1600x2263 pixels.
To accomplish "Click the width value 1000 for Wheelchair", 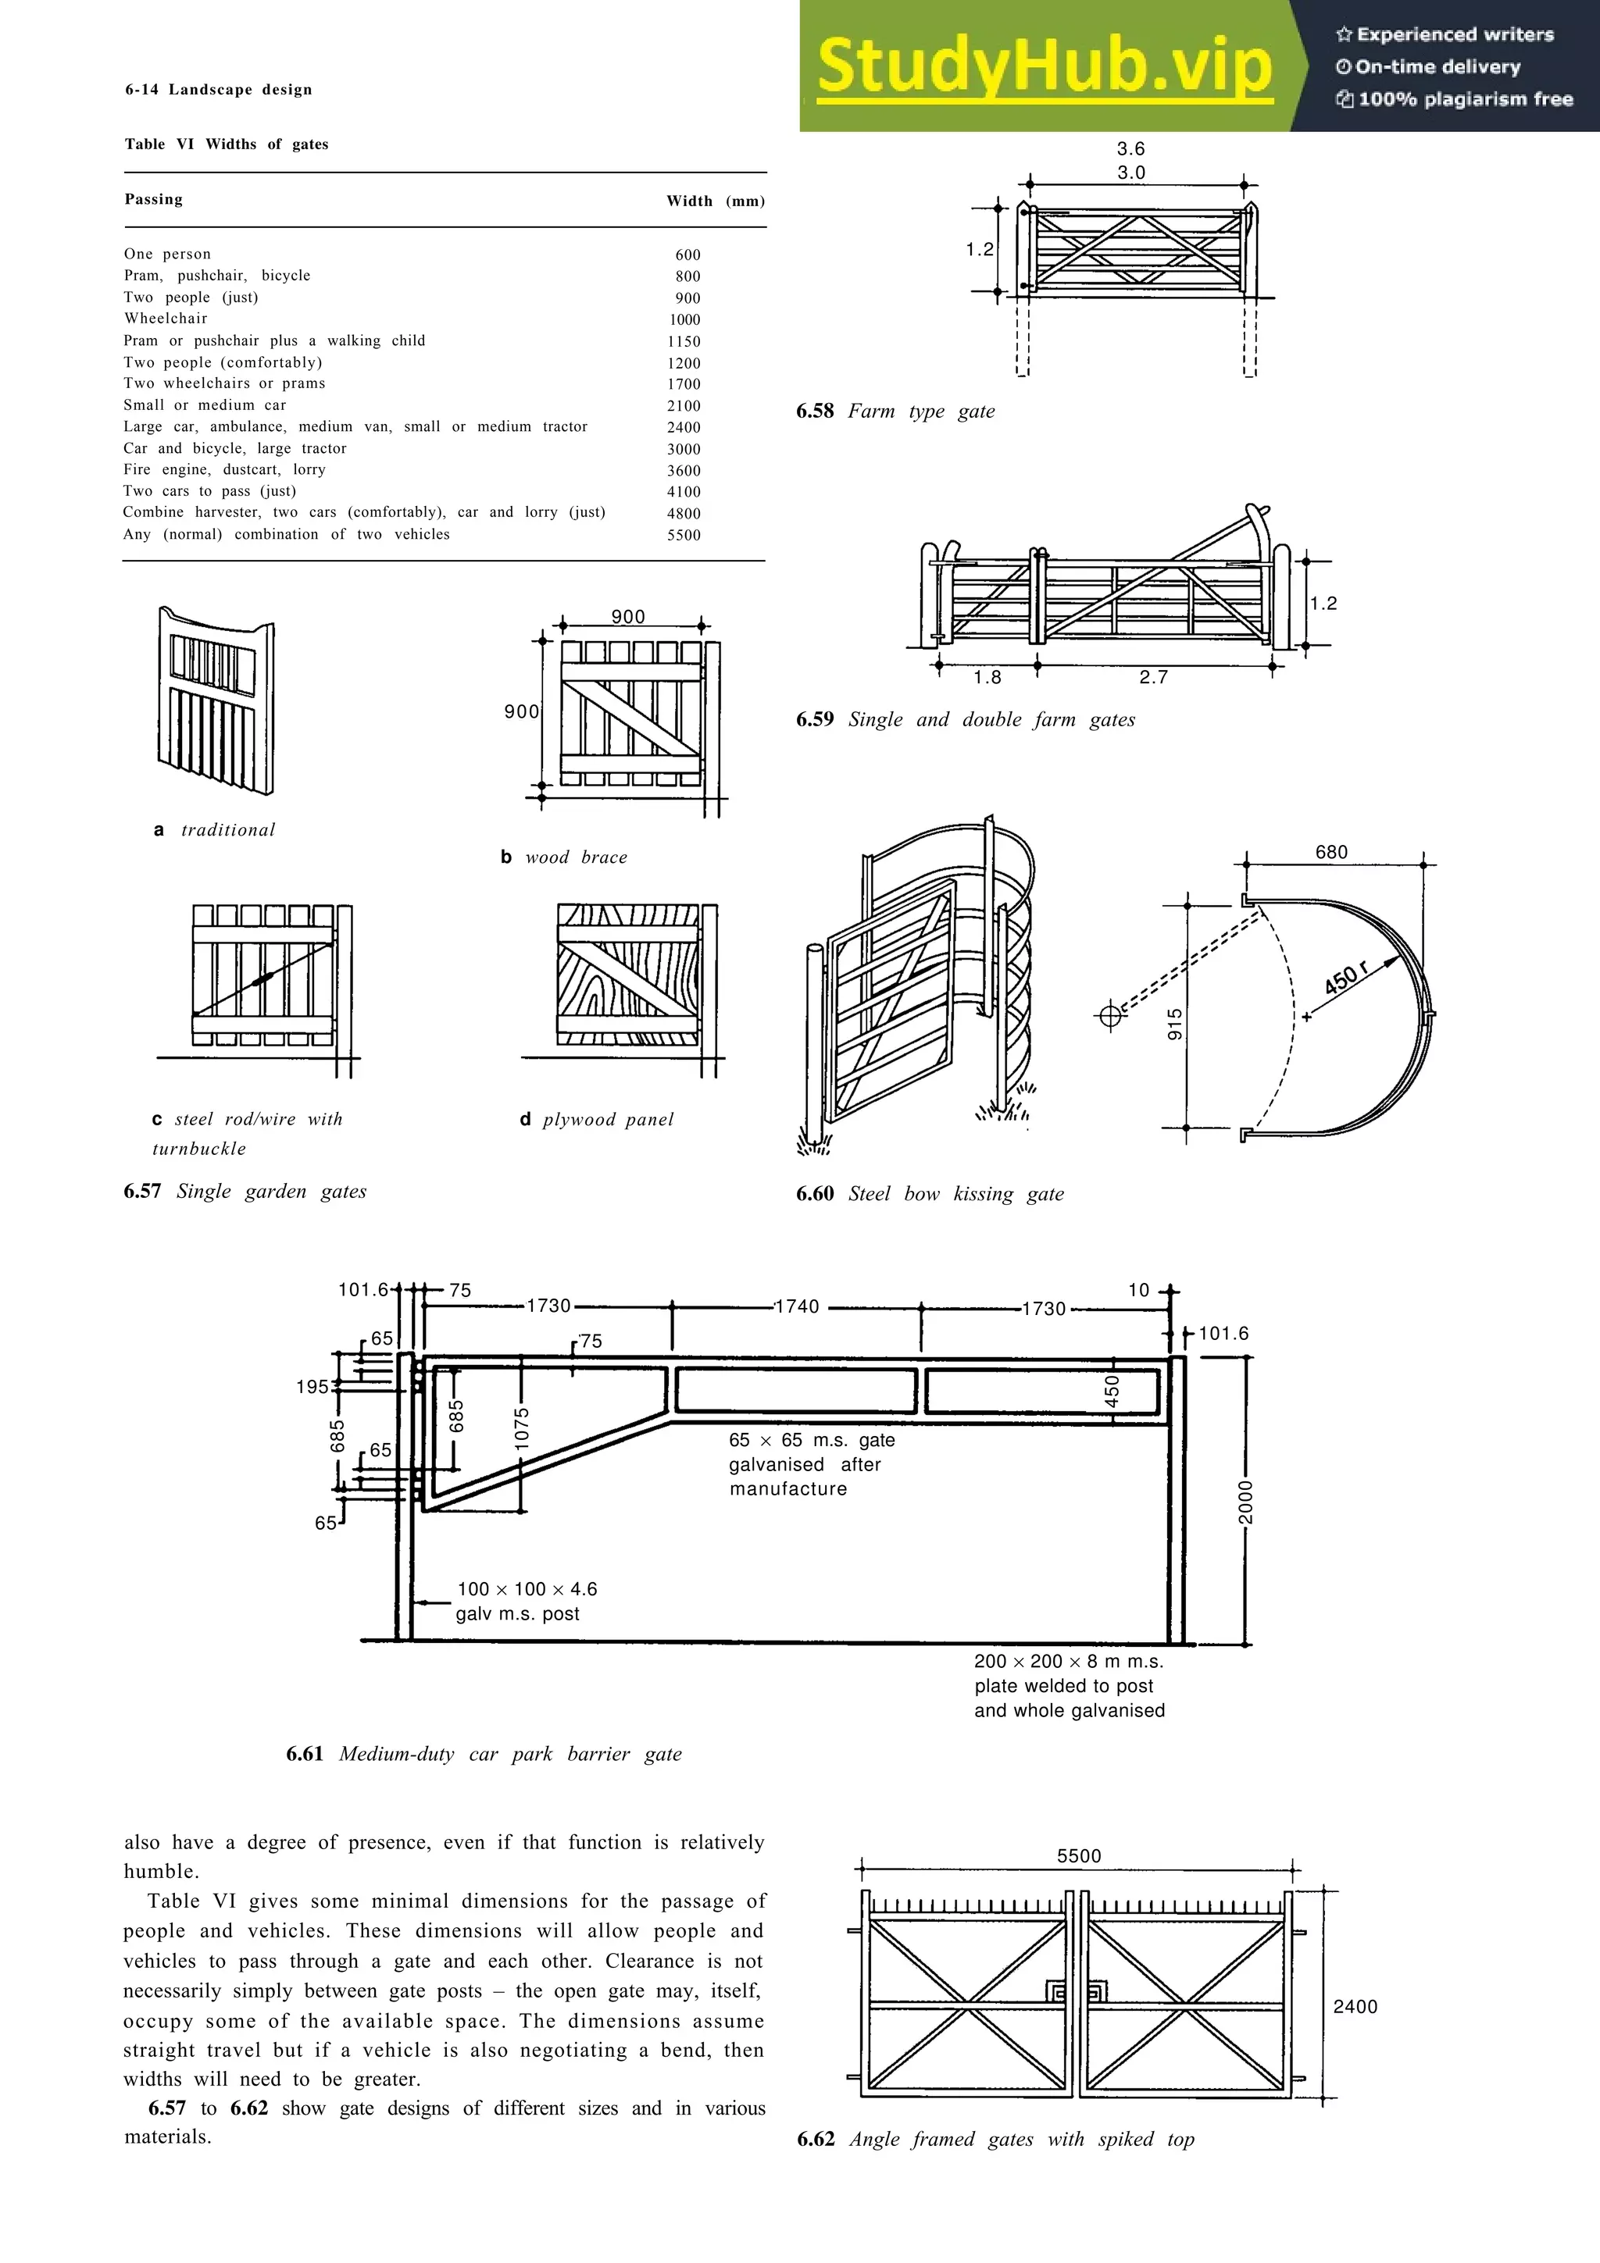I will tap(684, 319).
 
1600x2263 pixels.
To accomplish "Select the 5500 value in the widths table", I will tap(684, 535).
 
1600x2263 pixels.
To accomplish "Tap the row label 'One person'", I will tap(168, 255).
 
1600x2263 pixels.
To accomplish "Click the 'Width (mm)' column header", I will tap(715, 201).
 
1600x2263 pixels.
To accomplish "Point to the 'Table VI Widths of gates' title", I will tap(227, 144).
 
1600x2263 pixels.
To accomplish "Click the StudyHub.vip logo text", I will tap(1045, 67).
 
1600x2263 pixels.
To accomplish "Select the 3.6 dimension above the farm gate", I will tap(1130, 149).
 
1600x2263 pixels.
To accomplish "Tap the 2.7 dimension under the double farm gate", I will tap(1153, 677).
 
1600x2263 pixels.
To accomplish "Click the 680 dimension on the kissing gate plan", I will tap(1331, 853).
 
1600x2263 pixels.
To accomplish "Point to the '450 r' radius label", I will tap(1348, 978).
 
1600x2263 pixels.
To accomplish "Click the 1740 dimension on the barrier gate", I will tap(797, 1307).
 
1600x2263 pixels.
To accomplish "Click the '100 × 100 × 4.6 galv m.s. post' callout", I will tap(526, 1602).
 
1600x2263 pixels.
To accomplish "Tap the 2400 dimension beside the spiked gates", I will tap(1355, 2007).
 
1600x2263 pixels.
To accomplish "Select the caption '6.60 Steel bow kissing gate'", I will tap(930, 1194).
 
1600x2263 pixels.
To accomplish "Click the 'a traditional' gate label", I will tap(215, 830).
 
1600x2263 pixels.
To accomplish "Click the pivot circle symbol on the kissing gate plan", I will tap(1109, 1015).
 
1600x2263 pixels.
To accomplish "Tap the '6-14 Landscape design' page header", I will tap(219, 90).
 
